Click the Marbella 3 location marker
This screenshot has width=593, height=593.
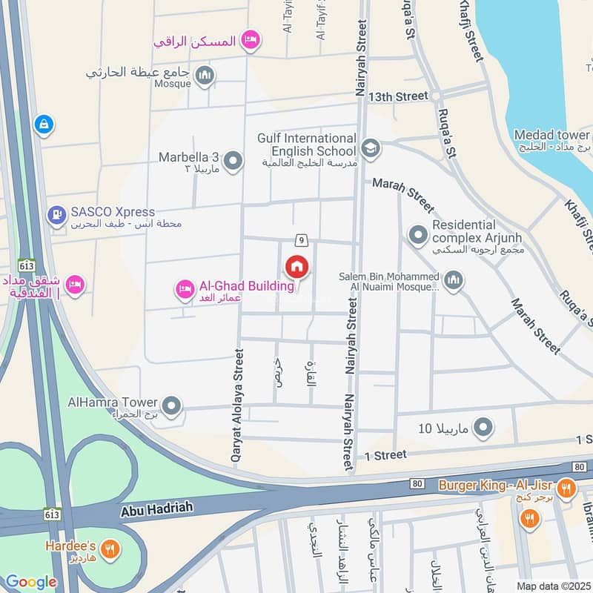tap(233, 161)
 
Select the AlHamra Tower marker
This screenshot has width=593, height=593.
tap(172, 405)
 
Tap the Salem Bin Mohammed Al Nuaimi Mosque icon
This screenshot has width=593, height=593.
tap(454, 281)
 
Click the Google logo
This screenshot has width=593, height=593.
tap(30, 582)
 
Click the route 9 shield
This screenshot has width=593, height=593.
tap(301, 239)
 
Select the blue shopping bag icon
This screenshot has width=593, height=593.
tap(44, 125)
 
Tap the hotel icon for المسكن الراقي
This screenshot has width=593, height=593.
tap(251, 39)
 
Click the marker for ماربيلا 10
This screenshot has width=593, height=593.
tap(483, 427)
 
